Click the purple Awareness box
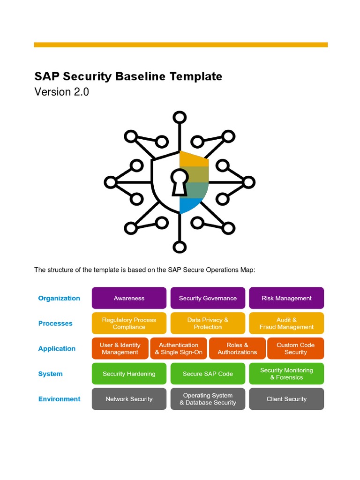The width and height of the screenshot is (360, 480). click(x=129, y=298)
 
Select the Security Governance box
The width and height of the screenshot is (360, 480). click(x=208, y=298)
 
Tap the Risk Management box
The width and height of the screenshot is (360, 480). click(x=286, y=298)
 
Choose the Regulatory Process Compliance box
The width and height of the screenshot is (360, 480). click(x=129, y=323)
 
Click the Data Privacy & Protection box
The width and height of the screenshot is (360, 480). click(x=208, y=323)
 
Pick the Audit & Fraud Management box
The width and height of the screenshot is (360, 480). click(x=286, y=323)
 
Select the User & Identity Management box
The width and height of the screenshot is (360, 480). click(x=120, y=349)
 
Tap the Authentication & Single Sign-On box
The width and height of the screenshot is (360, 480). click(x=179, y=349)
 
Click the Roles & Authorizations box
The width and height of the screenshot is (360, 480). click(x=237, y=349)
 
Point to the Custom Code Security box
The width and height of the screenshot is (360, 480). click(x=295, y=349)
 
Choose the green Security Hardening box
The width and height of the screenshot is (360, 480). click(x=129, y=374)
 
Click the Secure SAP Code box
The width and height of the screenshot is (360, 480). click(x=208, y=374)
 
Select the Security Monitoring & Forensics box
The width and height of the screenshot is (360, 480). click(x=286, y=374)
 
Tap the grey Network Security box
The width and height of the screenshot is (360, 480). click(x=129, y=399)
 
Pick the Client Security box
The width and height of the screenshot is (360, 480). click(x=286, y=399)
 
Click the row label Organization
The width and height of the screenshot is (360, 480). click(x=59, y=298)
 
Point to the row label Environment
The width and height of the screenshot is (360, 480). click(x=60, y=399)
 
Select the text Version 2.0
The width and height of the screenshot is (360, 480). click(x=62, y=92)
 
